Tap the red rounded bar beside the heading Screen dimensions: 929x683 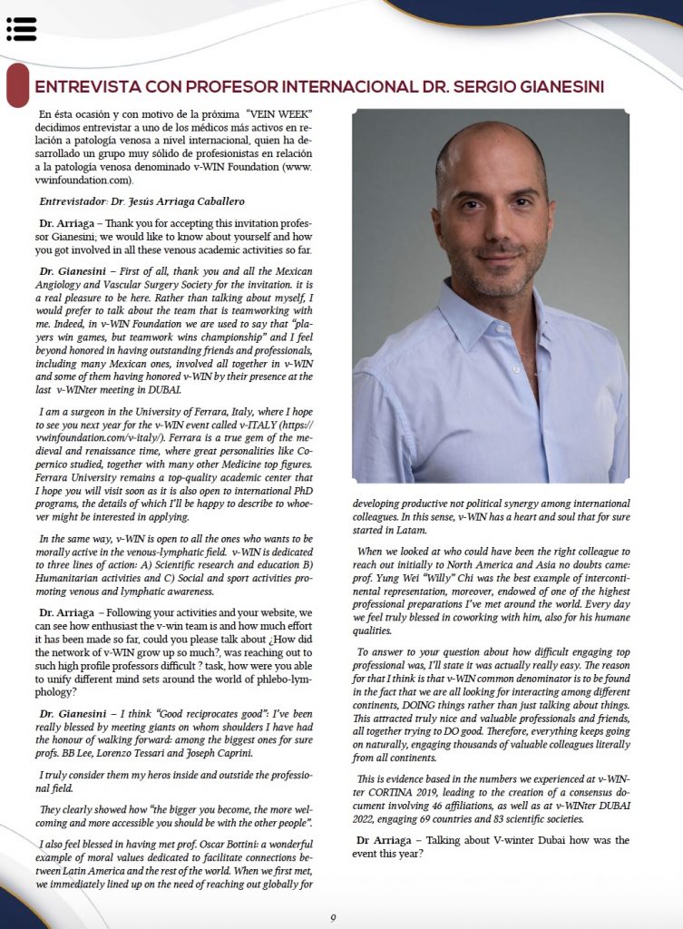pos(16,85)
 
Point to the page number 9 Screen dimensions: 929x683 pos(333,917)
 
